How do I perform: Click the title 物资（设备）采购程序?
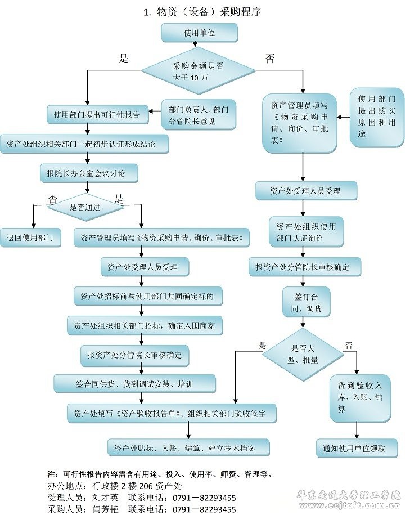[202, 11]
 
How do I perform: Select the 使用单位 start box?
[199, 33]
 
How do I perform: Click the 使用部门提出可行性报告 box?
[97, 115]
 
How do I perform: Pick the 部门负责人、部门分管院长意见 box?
[198, 115]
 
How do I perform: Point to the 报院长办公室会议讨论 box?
[90, 174]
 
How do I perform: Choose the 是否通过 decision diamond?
[85, 207]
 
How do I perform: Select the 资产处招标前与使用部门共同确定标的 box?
[147, 295]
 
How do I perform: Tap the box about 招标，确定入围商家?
[144, 325]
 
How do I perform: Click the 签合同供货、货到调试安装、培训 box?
[134, 384]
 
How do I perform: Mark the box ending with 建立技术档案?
[188, 447]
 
